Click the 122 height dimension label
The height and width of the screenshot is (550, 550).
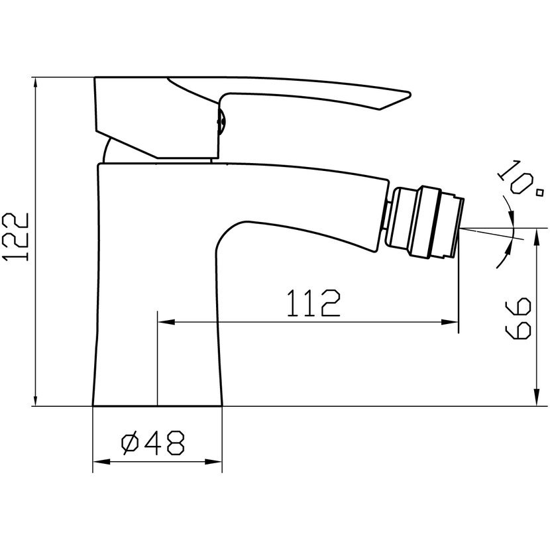click(15, 237)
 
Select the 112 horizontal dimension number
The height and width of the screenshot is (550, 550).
click(313, 303)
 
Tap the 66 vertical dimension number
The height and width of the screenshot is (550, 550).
click(518, 318)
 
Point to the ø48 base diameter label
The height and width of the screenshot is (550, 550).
click(152, 443)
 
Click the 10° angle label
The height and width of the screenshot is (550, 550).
click(520, 178)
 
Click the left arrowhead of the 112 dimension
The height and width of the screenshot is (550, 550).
click(166, 322)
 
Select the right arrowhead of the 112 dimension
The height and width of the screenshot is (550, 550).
click(450, 322)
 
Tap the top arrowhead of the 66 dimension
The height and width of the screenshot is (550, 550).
click(536, 237)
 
